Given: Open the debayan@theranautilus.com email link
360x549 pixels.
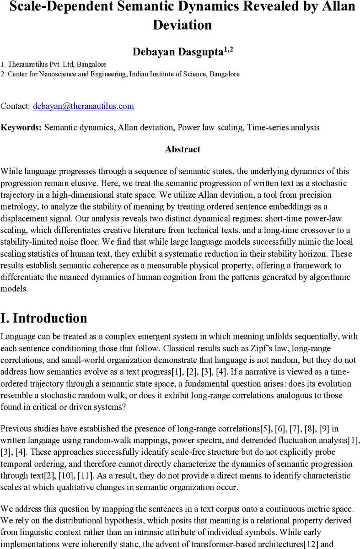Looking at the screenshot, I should tap(83, 106).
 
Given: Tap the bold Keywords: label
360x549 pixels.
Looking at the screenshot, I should tap(21, 128).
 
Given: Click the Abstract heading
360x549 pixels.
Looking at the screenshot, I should tap(183, 150).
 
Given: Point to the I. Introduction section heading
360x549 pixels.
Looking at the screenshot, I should tap(44, 318).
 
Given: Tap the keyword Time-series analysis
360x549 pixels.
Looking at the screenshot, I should tap(283, 128).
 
